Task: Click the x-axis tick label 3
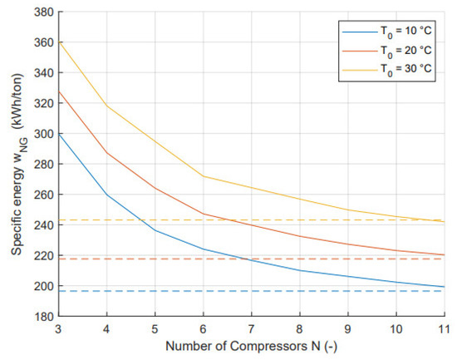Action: click(x=57, y=330)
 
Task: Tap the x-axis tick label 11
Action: click(x=445, y=330)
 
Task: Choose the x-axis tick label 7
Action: click(x=251, y=330)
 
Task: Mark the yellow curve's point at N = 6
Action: click(x=203, y=176)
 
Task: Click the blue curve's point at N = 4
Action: click(x=106, y=195)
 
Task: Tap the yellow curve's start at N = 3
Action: click(x=57, y=42)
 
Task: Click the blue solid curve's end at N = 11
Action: click(x=445, y=287)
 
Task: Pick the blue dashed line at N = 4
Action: click(x=106, y=291)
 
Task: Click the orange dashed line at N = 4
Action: click(x=106, y=259)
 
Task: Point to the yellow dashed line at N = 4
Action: click(x=106, y=220)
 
